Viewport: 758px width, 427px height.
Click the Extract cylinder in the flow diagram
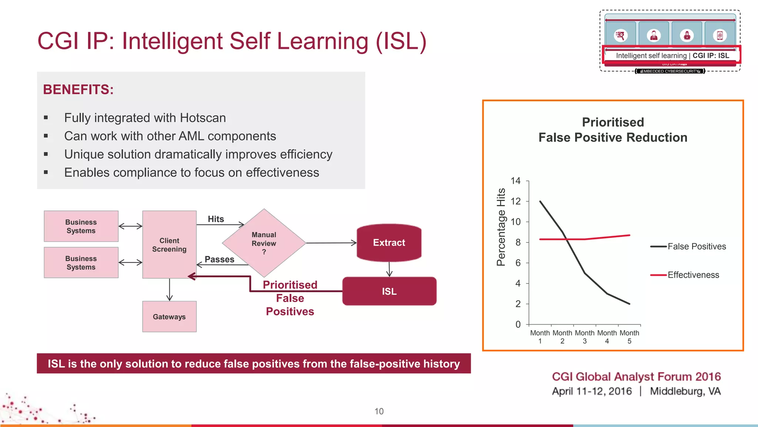pos(389,243)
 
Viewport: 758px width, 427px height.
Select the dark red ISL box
pos(389,291)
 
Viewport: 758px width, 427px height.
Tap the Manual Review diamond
pos(264,243)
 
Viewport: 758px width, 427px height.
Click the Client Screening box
pos(169,245)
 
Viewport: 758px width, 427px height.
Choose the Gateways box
pos(169,317)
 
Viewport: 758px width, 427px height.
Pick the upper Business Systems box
pos(81,226)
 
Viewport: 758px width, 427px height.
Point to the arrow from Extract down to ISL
pos(389,269)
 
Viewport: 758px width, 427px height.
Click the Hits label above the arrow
pos(216,219)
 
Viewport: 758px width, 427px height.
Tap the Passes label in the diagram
pos(219,259)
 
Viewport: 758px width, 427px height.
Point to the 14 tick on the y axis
pos(516,181)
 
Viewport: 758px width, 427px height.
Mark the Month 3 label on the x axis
pos(585,337)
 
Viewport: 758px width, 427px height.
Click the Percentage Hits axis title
pos(501,227)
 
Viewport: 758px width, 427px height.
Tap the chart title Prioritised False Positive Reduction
pos(613,130)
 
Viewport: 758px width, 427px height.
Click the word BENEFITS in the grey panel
pos(78,90)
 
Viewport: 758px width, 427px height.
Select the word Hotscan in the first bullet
pos(203,118)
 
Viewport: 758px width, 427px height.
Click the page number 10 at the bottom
pos(379,411)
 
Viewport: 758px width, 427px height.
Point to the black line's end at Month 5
pos(629,304)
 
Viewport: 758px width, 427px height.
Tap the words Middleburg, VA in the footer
pos(685,391)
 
